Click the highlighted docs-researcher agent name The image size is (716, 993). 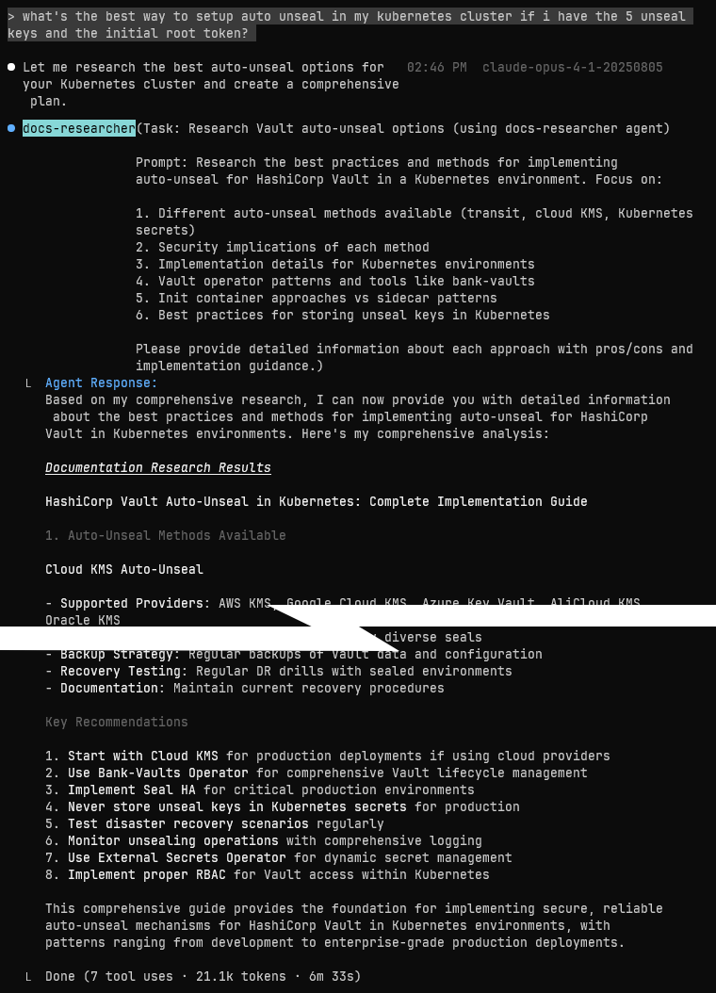point(79,128)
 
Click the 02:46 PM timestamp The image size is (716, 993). point(436,68)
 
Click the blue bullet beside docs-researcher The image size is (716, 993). point(11,128)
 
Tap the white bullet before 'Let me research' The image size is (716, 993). point(11,68)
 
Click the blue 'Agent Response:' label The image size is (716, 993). point(101,383)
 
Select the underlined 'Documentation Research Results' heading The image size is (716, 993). point(157,467)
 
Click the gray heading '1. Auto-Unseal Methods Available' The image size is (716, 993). point(165,535)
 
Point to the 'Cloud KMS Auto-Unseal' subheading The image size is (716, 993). point(123,569)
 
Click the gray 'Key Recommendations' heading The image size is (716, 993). point(116,722)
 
